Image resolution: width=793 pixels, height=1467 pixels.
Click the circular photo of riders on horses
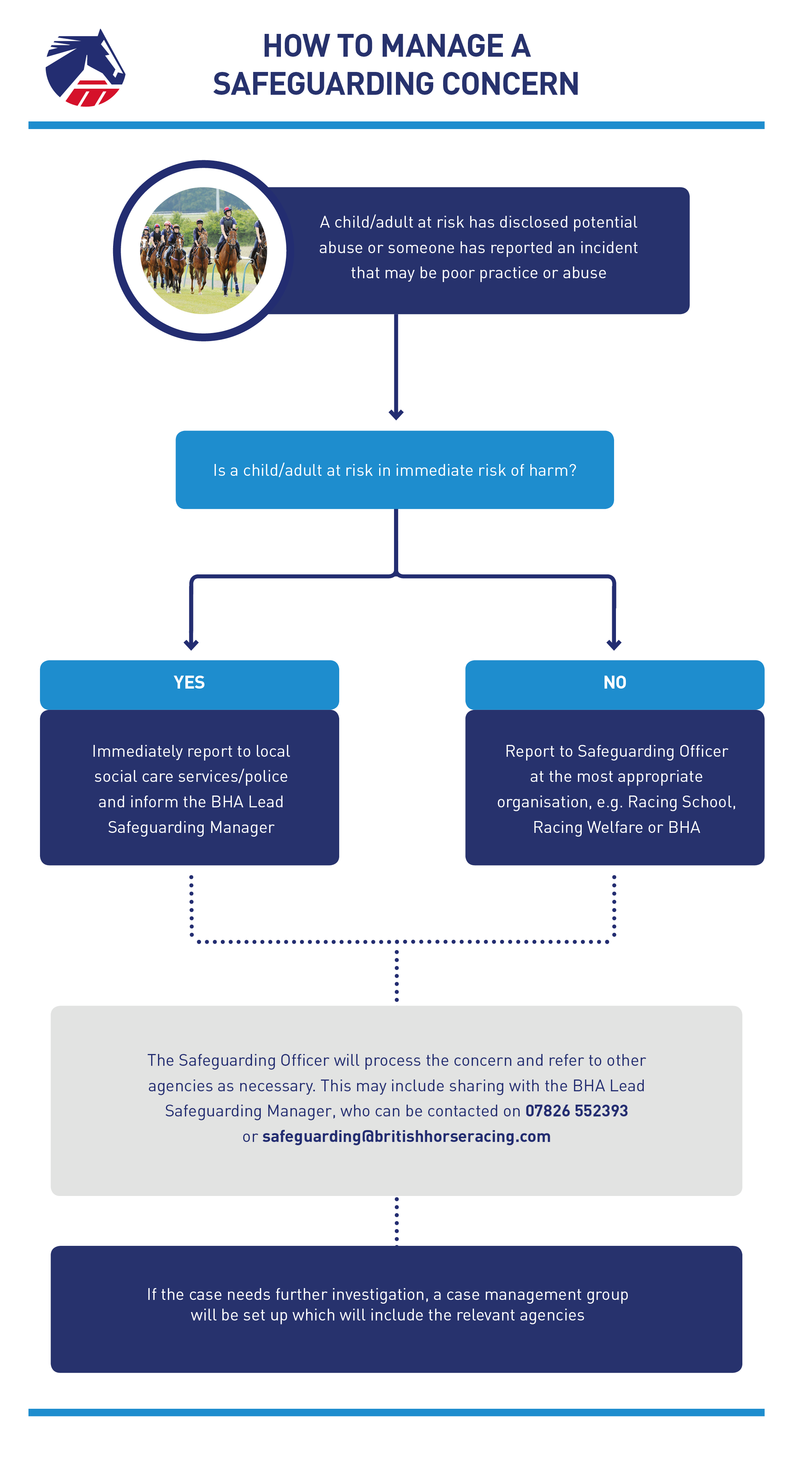pyautogui.click(x=203, y=250)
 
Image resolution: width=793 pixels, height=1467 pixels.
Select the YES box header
pyautogui.click(x=189, y=684)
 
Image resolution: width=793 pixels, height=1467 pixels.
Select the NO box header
pyautogui.click(x=615, y=684)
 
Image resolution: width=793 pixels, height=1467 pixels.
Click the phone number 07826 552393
pyautogui.click(x=576, y=1110)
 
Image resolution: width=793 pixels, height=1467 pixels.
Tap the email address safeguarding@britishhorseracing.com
pyautogui.click(x=406, y=1136)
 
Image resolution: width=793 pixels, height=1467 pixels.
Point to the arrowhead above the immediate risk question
pyautogui.click(x=396, y=414)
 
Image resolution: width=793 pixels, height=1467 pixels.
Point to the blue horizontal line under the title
pyautogui.click(x=397, y=125)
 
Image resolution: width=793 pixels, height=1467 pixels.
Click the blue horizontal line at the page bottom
pyautogui.click(x=397, y=1412)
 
